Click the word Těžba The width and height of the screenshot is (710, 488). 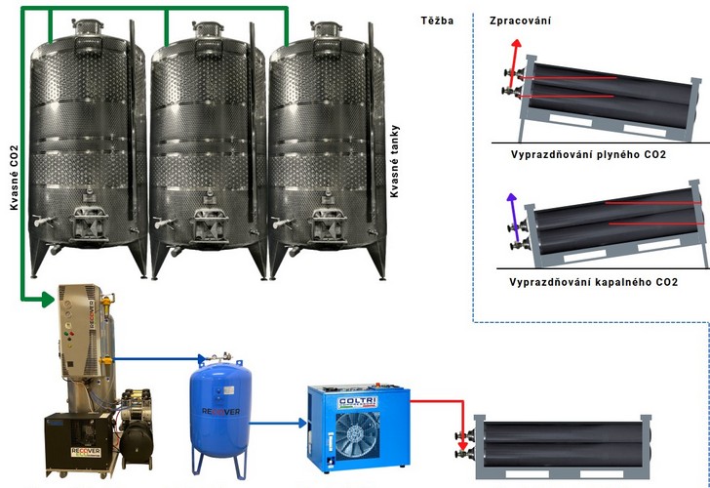tap(437, 20)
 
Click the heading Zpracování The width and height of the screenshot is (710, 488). tap(520, 20)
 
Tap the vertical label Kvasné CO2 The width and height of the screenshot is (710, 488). tap(14, 178)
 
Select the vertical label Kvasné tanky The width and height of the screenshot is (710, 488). tap(394, 161)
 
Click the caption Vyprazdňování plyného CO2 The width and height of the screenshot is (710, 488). tap(588, 154)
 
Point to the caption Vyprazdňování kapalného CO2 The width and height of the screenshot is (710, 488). tap(593, 282)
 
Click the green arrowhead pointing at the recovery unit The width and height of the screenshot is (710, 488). tap(49, 299)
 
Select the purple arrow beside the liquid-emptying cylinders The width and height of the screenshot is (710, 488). tap(513, 218)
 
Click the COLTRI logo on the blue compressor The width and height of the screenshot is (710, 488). tap(358, 402)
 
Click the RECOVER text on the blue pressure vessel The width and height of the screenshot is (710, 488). tap(220, 412)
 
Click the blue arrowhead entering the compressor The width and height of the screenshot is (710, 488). tap(302, 424)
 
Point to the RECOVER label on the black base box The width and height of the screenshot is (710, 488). tap(86, 452)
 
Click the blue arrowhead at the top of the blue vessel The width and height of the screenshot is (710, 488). tap(202, 360)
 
